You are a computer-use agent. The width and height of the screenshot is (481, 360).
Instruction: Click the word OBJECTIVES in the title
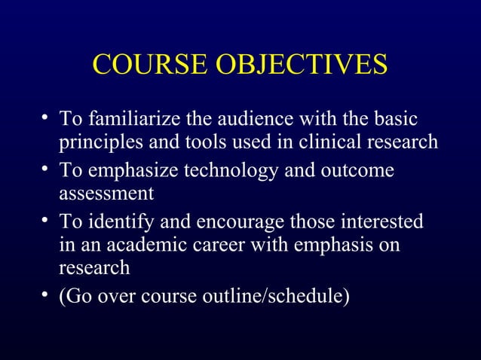point(302,65)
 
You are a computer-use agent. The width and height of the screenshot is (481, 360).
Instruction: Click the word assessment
point(106,193)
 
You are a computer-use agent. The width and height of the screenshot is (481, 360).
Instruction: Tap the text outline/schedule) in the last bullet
point(274,295)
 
